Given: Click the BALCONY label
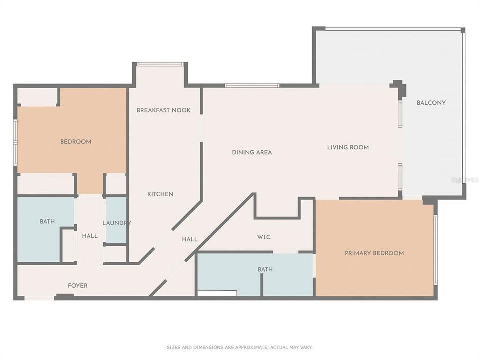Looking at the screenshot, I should [431, 103].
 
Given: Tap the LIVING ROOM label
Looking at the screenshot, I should [348, 147].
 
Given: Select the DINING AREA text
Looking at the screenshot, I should [252, 152].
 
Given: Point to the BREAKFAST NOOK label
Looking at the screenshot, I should [163, 110].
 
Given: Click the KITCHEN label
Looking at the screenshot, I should [160, 194].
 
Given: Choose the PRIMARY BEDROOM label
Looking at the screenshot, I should [374, 253].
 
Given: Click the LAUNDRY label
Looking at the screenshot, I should [116, 223].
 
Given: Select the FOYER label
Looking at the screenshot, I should [77, 286].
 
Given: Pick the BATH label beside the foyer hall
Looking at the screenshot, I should [47, 221].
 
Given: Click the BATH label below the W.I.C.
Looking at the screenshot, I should [265, 270].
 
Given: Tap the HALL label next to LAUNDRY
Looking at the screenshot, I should [90, 235].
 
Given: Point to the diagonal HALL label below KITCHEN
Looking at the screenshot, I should [190, 240].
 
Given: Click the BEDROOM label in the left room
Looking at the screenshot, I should [76, 142].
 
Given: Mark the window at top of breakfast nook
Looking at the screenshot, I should [160, 64].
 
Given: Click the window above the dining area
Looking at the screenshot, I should [252, 86].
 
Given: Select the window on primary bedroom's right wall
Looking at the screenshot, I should [435, 250].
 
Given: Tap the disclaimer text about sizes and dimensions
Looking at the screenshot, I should [239, 347].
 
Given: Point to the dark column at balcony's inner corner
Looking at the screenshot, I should [399, 88].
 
